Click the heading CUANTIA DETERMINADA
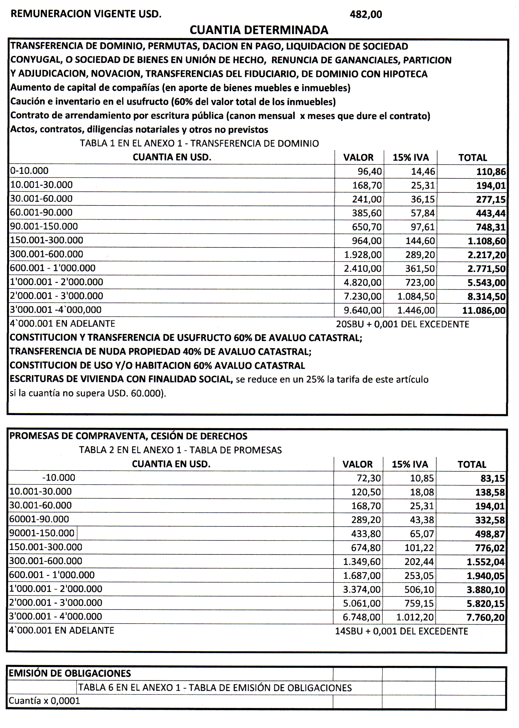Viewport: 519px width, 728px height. pyautogui.click(x=259, y=30)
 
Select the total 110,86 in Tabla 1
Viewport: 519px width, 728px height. pyautogui.click(x=491, y=172)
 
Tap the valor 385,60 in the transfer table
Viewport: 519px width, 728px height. pyautogui.click(x=367, y=213)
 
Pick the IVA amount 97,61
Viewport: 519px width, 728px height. pyautogui.click(x=422, y=227)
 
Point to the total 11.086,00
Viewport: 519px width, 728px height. pyautogui.click(x=484, y=310)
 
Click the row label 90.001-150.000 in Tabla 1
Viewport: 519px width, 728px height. pyautogui.click(x=44, y=226)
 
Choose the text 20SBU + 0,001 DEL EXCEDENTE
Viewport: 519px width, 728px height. pyautogui.click(x=402, y=324)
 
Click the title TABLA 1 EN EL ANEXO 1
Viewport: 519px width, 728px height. pyautogui.click(x=199, y=143)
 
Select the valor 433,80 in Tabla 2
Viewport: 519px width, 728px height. pyautogui.click(x=366, y=534)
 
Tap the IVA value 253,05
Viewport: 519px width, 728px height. pyautogui.click(x=419, y=575)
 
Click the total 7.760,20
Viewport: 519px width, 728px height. pyautogui.click(x=485, y=617)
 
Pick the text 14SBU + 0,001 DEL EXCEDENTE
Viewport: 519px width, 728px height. pyautogui.click(x=401, y=631)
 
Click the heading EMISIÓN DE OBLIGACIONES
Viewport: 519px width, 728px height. pyautogui.click(x=70, y=673)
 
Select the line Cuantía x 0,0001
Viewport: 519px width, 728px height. pyautogui.click(x=44, y=701)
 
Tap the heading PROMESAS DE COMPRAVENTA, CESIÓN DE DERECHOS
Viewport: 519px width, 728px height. pyautogui.click(x=128, y=436)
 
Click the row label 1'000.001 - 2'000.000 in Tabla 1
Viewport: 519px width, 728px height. pyautogui.click(x=56, y=282)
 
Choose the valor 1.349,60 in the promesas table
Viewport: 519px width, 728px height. pyautogui.click(x=362, y=561)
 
